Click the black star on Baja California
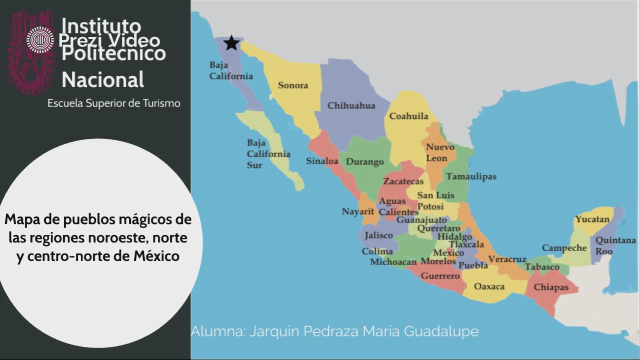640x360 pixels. click(231, 43)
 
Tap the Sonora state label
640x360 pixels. click(293, 85)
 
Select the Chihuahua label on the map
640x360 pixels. click(351, 105)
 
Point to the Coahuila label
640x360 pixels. click(408, 116)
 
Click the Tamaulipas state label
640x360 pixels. click(471, 176)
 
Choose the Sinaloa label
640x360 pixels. click(322, 161)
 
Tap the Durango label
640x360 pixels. click(365, 161)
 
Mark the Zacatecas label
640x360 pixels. click(403, 181)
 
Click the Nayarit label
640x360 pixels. click(358, 211)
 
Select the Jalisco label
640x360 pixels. click(378, 235)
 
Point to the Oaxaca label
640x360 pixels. click(489, 286)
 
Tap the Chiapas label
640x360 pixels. click(551, 287)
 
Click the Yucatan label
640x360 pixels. click(592, 219)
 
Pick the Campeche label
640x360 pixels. click(564, 248)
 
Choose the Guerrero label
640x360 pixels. click(440, 275)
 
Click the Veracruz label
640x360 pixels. click(507, 259)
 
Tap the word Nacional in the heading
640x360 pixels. click(102, 79)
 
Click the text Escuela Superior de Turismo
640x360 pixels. click(114, 103)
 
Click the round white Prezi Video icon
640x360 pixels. click(40, 40)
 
